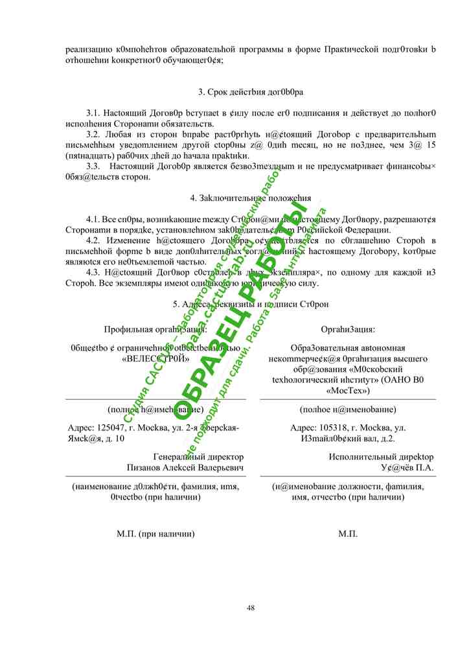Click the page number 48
(251, 607)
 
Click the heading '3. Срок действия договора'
(251, 92)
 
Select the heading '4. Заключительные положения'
(251, 198)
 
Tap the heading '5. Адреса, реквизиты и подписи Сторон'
(251, 303)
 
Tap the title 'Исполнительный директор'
(381, 457)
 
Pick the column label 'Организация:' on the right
(348, 330)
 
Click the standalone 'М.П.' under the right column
(348, 534)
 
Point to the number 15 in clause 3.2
(429, 145)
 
